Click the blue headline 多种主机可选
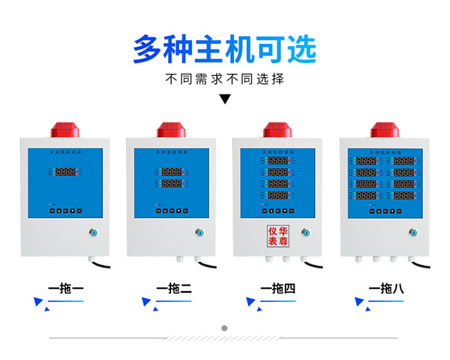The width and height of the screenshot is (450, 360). click(x=224, y=49)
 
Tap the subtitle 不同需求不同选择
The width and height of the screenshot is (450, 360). click(x=224, y=80)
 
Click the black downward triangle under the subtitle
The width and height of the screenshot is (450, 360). click(x=225, y=99)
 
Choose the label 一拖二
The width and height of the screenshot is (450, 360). click(x=174, y=289)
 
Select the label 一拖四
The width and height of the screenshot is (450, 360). click(x=278, y=289)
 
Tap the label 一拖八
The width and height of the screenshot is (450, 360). click(x=386, y=289)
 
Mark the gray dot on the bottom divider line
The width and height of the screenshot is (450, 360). click(x=224, y=328)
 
